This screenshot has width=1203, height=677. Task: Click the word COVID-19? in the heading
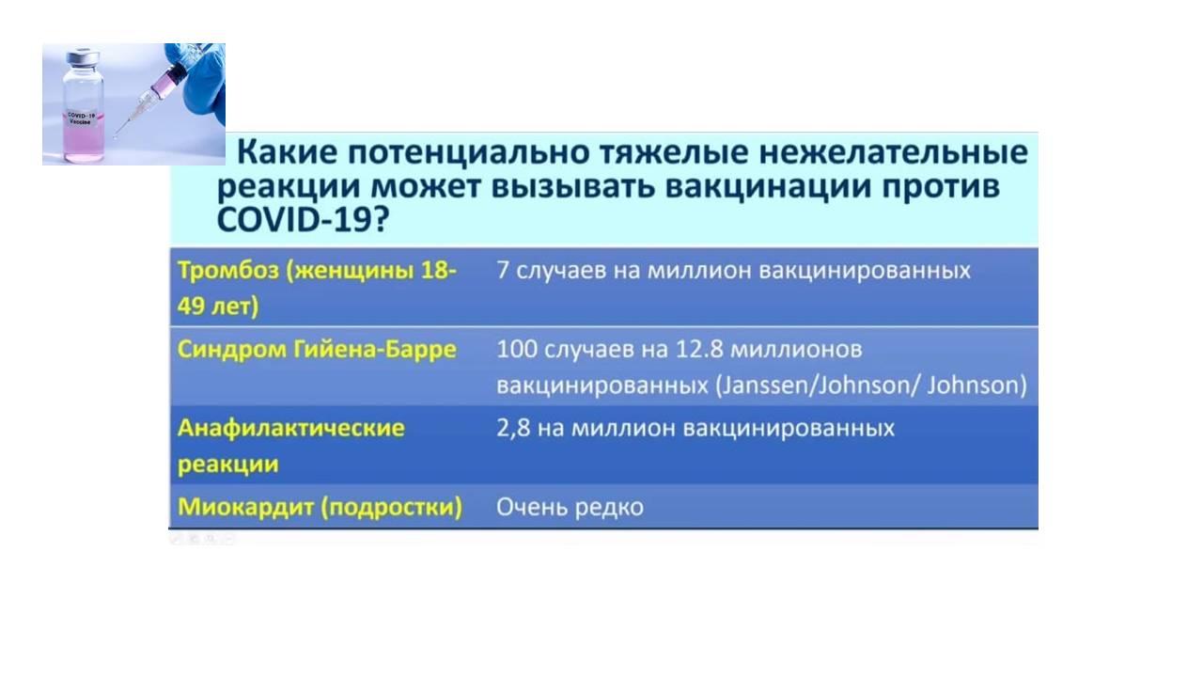(303, 220)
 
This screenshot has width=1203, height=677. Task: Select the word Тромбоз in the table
(228, 270)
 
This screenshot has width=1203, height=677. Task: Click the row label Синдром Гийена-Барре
(317, 349)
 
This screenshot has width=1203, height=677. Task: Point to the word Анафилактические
(291, 428)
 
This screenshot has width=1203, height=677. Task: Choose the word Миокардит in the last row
(245, 507)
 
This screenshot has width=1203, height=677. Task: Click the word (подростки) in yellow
(392, 507)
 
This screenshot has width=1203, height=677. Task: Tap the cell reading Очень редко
(570, 507)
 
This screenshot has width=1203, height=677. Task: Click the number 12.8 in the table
(699, 350)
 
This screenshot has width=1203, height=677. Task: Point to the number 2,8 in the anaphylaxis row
(513, 429)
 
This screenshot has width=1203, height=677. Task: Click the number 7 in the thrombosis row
(503, 270)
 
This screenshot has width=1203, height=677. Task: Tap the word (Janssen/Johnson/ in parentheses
(818, 386)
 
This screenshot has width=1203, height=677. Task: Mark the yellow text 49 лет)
(218, 307)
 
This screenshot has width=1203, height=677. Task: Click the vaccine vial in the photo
(84, 106)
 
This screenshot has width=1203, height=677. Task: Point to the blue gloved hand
(197, 77)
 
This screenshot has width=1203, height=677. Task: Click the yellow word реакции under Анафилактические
(228, 464)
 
